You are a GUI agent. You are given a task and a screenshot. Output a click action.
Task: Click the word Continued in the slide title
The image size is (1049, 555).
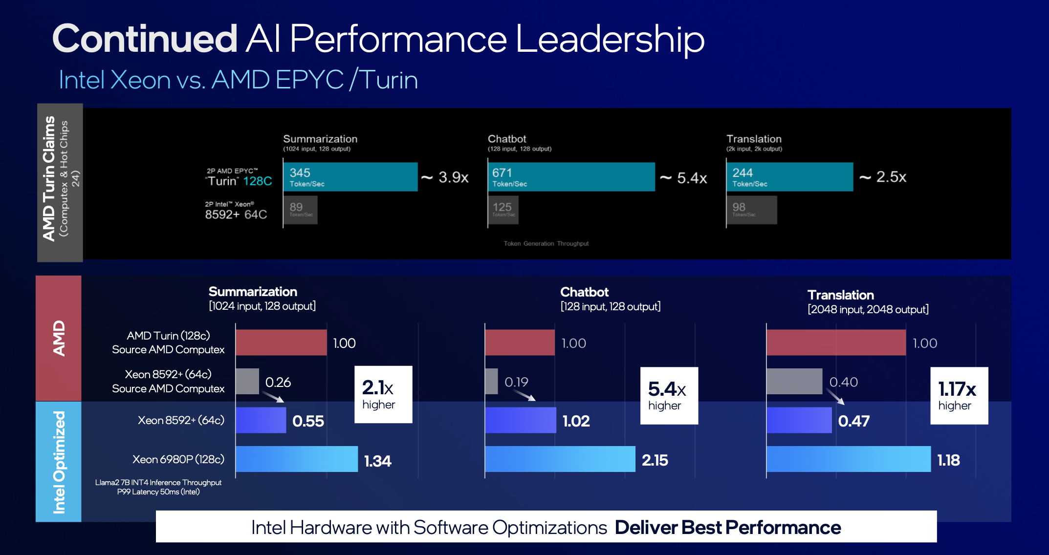(145, 39)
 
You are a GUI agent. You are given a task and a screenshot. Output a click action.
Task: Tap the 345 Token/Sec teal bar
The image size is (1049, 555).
(350, 177)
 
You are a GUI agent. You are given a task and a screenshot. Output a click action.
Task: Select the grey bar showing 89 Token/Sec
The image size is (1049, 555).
(300, 210)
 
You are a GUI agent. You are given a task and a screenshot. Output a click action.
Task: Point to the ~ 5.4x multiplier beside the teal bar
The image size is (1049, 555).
(683, 178)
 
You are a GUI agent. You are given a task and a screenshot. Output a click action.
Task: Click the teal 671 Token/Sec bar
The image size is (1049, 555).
(571, 177)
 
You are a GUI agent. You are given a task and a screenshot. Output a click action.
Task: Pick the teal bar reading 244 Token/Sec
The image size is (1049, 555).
(789, 177)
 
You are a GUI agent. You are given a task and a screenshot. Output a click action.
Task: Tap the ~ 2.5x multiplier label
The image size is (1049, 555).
(883, 177)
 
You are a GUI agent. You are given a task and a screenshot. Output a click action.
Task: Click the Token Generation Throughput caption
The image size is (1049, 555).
(546, 243)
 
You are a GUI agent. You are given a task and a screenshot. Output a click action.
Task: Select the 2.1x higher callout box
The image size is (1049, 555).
(383, 394)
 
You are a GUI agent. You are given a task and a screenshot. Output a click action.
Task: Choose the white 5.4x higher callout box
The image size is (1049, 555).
(669, 396)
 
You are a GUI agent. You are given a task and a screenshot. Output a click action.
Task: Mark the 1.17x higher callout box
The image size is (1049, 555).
(959, 396)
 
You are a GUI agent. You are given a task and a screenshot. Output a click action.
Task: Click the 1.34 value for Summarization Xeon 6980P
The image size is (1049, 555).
(377, 461)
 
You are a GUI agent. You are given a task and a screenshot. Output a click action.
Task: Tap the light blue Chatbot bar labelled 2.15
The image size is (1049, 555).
(560, 459)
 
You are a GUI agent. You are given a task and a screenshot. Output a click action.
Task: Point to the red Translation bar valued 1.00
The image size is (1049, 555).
(836, 342)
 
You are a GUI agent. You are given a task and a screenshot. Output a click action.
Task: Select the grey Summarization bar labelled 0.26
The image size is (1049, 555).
(247, 382)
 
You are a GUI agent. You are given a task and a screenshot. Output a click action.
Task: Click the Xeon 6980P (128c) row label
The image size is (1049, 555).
(178, 459)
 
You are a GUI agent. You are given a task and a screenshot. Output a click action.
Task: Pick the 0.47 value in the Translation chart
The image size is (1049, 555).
(853, 421)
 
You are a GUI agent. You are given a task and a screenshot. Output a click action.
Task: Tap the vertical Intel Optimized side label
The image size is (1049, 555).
(59, 462)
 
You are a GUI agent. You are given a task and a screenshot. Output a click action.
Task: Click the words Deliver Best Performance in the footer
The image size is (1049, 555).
(727, 528)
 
